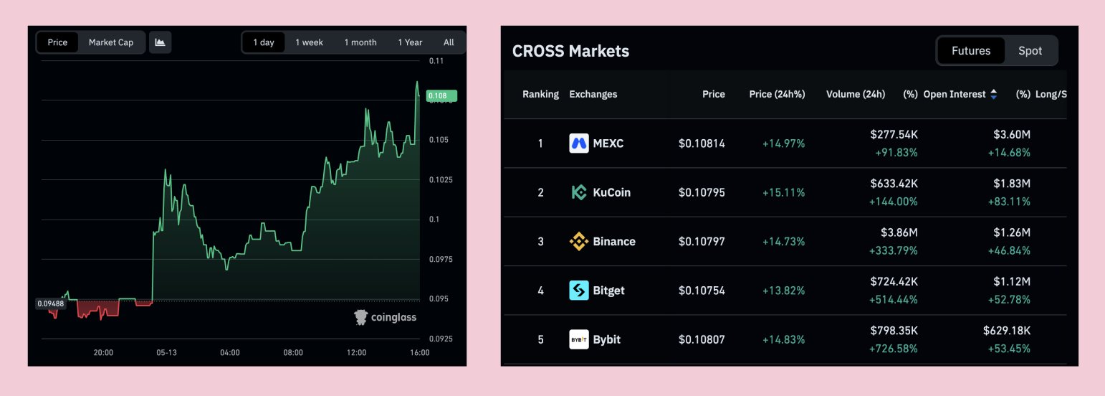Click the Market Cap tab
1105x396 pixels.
(111, 42)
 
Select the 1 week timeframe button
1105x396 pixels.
(310, 42)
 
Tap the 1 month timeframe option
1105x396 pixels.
(360, 42)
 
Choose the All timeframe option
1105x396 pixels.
(449, 42)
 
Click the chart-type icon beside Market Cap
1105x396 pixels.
(160, 42)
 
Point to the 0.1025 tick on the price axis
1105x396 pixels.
(441, 180)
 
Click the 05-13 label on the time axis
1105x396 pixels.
(167, 352)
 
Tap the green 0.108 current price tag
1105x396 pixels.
(441, 96)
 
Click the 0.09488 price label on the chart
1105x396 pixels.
(51, 303)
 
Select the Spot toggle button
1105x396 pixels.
(1030, 51)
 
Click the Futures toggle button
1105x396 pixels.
(971, 51)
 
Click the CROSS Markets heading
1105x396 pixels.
(570, 52)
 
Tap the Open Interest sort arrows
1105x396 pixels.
(993, 94)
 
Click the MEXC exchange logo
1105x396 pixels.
(578, 143)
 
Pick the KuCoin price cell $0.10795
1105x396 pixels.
(702, 192)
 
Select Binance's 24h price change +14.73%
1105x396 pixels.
(783, 242)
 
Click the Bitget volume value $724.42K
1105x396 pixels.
(894, 281)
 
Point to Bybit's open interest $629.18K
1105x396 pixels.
(1006, 330)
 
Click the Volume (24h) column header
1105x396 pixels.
(856, 94)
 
